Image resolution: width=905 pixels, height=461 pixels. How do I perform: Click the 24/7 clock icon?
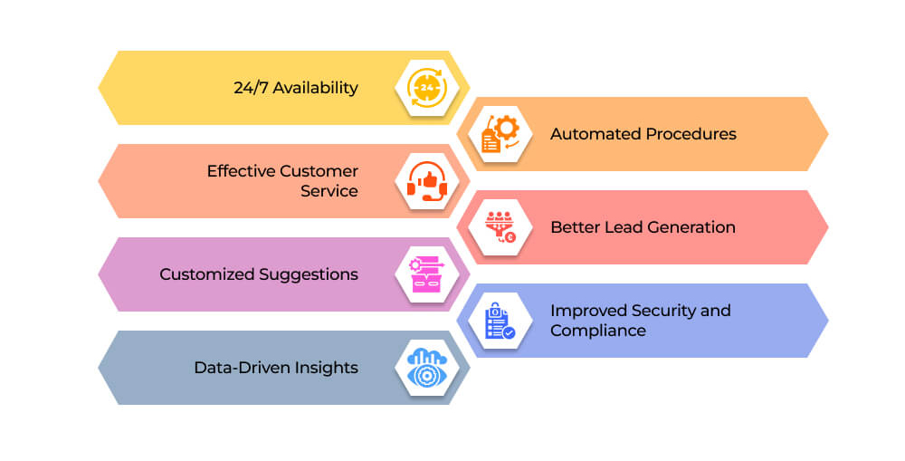[x=426, y=88]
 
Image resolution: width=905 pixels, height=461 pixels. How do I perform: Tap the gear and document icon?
[x=500, y=134]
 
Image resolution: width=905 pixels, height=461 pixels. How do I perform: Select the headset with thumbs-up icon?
[x=427, y=181]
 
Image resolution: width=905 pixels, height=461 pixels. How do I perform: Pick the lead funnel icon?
[x=500, y=227]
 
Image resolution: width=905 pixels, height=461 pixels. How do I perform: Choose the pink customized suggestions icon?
[x=426, y=274]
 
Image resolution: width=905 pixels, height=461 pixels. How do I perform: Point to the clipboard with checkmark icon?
[x=500, y=321]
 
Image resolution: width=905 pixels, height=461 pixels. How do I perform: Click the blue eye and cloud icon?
[x=426, y=368]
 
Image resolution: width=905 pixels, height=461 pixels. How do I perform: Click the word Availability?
[x=315, y=88]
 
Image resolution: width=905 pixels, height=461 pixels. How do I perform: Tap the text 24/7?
[x=251, y=88]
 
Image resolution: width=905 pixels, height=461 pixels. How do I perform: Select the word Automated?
[x=595, y=134]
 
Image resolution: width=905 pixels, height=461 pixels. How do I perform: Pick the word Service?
[x=329, y=191]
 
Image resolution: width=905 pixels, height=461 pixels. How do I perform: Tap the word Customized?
[x=206, y=274]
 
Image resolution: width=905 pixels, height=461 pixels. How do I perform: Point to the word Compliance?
[x=598, y=331]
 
